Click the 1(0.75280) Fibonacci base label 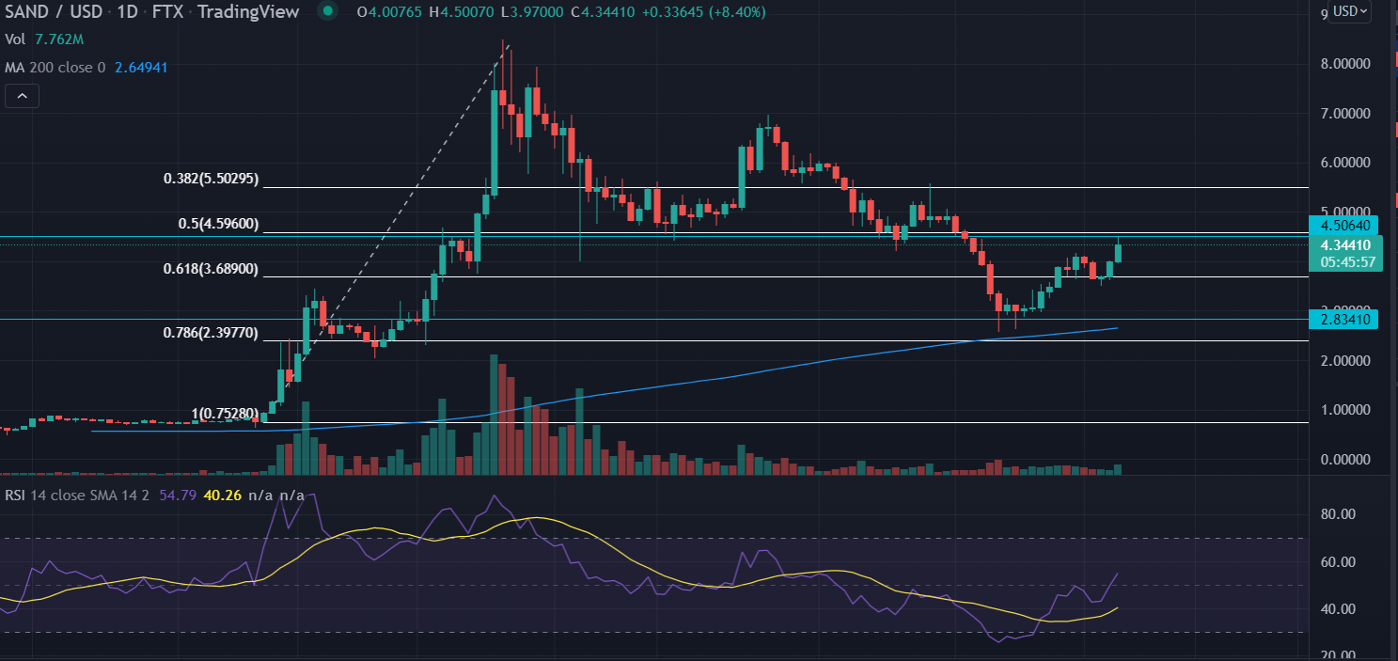tap(226, 414)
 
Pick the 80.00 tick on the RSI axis tap(1338, 514)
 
